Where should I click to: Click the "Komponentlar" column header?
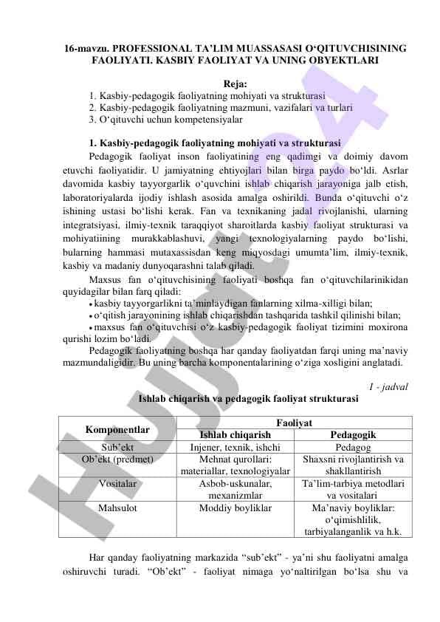117,428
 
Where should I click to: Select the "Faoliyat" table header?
293,423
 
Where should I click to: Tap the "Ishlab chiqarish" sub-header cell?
235,434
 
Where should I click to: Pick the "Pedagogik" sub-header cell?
352,434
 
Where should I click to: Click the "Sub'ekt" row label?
117,447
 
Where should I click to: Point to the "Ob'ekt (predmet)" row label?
117,459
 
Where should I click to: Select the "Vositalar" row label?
117,483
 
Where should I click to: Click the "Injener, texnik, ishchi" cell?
235,447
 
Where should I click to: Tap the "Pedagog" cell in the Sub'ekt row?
352,447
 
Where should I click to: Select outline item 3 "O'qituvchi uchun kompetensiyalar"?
165,118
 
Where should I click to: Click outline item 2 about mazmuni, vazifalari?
219,107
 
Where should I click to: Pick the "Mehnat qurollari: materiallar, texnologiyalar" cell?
235,465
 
